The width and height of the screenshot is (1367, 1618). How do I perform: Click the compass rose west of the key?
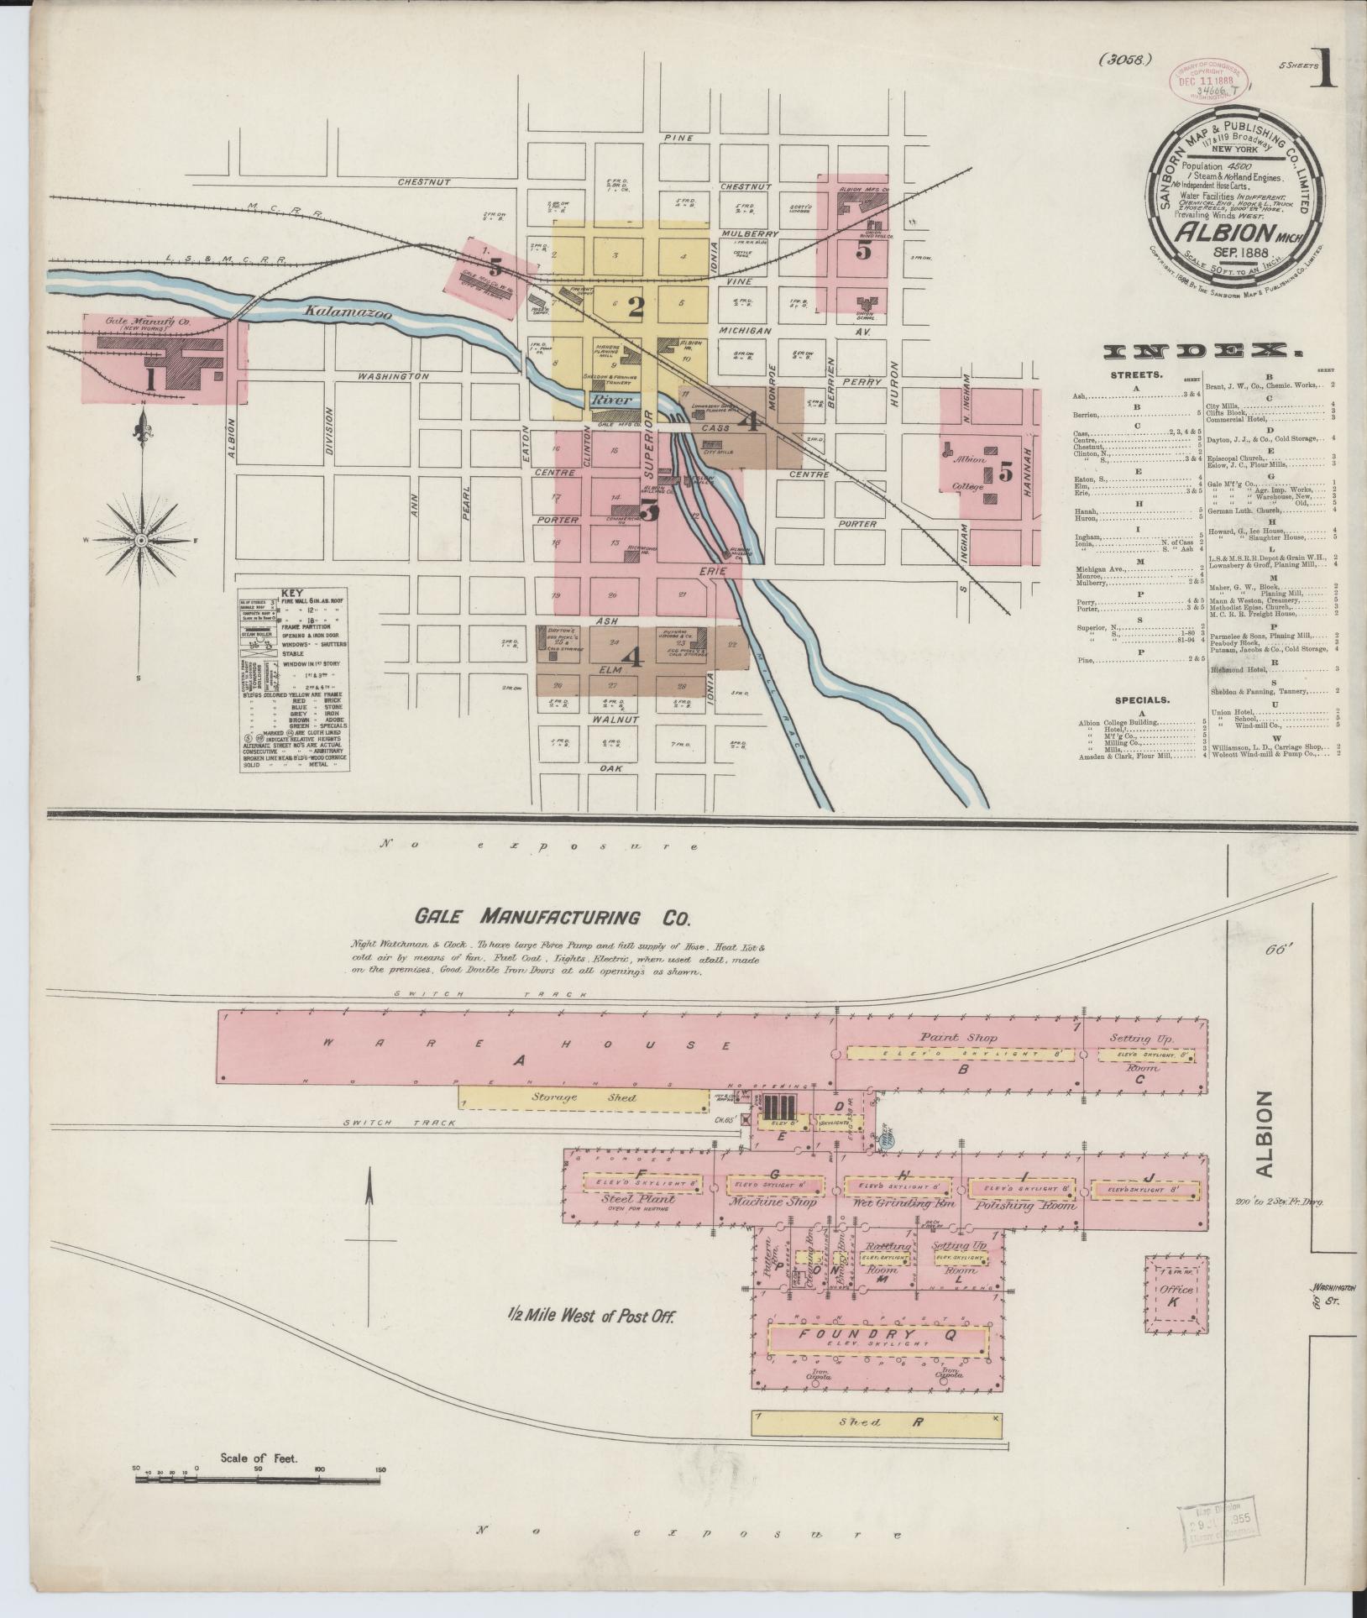click(x=141, y=539)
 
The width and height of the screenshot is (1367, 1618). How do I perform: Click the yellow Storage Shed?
click(x=584, y=1097)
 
